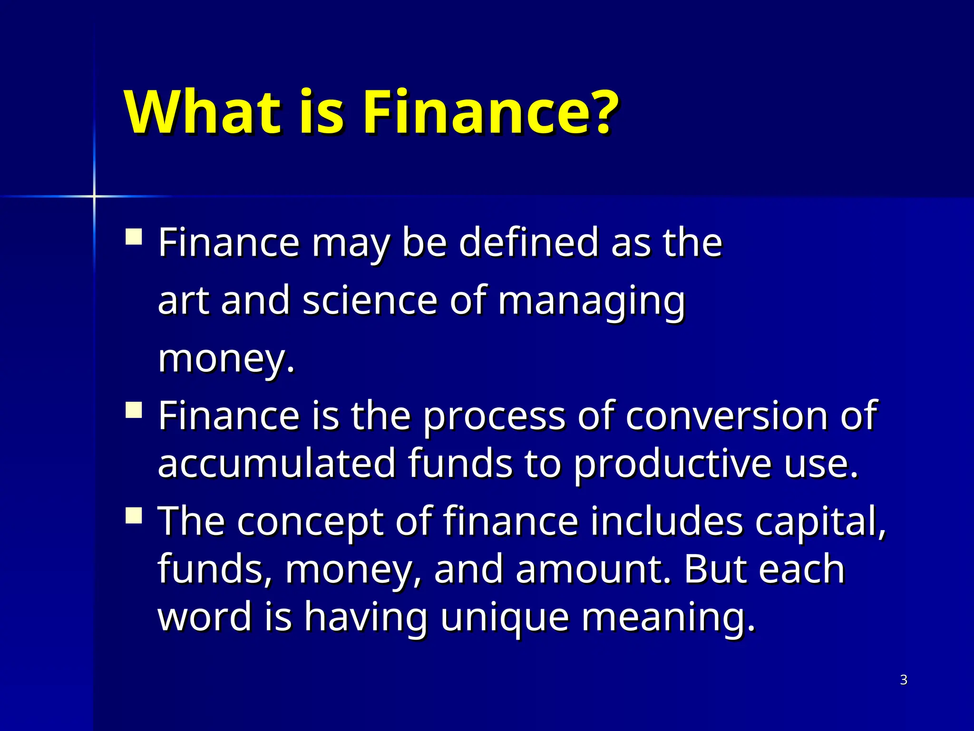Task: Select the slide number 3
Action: coord(904,680)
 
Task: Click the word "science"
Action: coord(370,301)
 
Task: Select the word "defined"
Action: coord(528,242)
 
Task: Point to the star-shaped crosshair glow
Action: coord(94,196)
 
